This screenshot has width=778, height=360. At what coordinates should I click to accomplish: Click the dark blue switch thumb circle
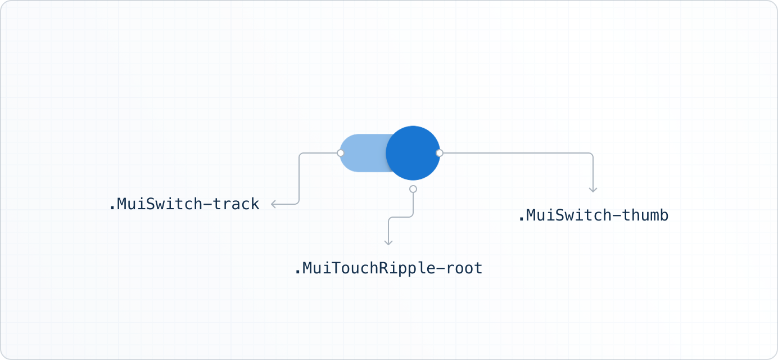(x=413, y=153)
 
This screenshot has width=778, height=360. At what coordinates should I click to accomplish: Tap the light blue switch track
(x=363, y=153)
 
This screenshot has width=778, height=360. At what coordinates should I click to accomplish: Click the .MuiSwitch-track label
(x=184, y=204)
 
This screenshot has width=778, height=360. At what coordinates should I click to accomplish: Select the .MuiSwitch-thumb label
(x=593, y=215)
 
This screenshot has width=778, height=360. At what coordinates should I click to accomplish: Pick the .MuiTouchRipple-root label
(x=388, y=268)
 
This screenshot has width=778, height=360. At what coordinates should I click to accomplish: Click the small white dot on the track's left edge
(x=340, y=153)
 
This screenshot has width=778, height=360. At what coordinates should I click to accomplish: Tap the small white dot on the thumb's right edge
(x=440, y=153)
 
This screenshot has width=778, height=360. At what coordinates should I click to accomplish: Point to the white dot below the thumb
(x=413, y=189)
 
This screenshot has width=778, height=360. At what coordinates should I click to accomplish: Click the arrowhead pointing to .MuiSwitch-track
(x=273, y=204)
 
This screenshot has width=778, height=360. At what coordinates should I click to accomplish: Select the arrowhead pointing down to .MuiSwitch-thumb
(x=593, y=190)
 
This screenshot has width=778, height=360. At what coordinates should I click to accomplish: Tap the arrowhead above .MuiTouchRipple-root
(x=388, y=242)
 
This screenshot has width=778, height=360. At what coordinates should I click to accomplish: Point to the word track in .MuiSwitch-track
(x=241, y=204)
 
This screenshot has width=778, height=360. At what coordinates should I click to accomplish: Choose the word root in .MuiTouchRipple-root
(x=464, y=268)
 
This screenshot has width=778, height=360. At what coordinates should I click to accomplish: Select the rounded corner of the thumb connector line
(x=591, y=155)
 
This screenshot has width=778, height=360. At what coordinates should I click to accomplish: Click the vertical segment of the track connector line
(x=298, y=179)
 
